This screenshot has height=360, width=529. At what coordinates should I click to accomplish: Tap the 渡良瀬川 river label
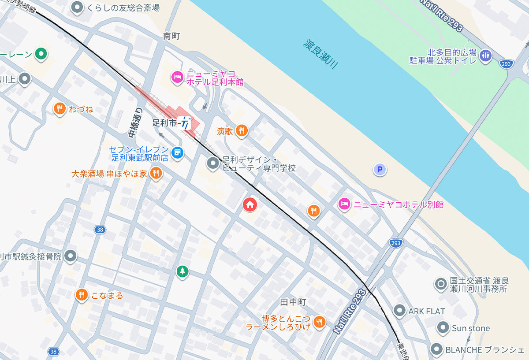pyautogui.click(x=320, y=54)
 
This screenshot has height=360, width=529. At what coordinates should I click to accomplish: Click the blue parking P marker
pyautogui.click(x=380, y=169)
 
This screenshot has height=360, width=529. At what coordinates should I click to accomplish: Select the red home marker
pyautogui.click(x=250, y=204)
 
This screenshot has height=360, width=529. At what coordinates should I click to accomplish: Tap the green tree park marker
pyautogui.click(x=182, y=271)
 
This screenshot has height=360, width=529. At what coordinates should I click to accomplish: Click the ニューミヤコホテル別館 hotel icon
pyautogui.click(x=344, y=204)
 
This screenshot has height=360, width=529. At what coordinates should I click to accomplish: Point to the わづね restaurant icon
pyautogui.click(x=60, y=108)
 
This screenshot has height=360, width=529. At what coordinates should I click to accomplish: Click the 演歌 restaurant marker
pyautogui.click(x=241, y=130)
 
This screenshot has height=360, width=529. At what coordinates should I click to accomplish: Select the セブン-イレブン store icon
pyautogui.click(x=178, y=152)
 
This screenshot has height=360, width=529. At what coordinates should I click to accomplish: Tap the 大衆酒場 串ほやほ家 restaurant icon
pyautogui.click(x=155, y=173)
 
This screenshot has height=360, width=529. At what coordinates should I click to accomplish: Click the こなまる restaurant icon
pyautogui.click(x=81, y=295)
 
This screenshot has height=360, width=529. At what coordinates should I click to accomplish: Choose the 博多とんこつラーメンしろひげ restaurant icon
pyautogui.click(x=320, y=322)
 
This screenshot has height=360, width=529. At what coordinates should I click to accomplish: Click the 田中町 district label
pyautogui.click(x=293, y=302)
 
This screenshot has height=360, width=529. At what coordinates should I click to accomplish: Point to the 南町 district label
pyautogui.click(x=171, y=36)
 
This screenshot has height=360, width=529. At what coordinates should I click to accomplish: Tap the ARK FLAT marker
pyautogui.click(x=399, y=311)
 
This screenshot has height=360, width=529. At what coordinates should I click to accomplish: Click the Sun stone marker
pyautogui.click(x=443, y=328)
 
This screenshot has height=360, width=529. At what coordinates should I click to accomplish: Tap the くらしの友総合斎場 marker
pyautogui.click(x=78, y=7)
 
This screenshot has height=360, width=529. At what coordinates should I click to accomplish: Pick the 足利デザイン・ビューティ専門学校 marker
pyautogui.click(x=213, y=163)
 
